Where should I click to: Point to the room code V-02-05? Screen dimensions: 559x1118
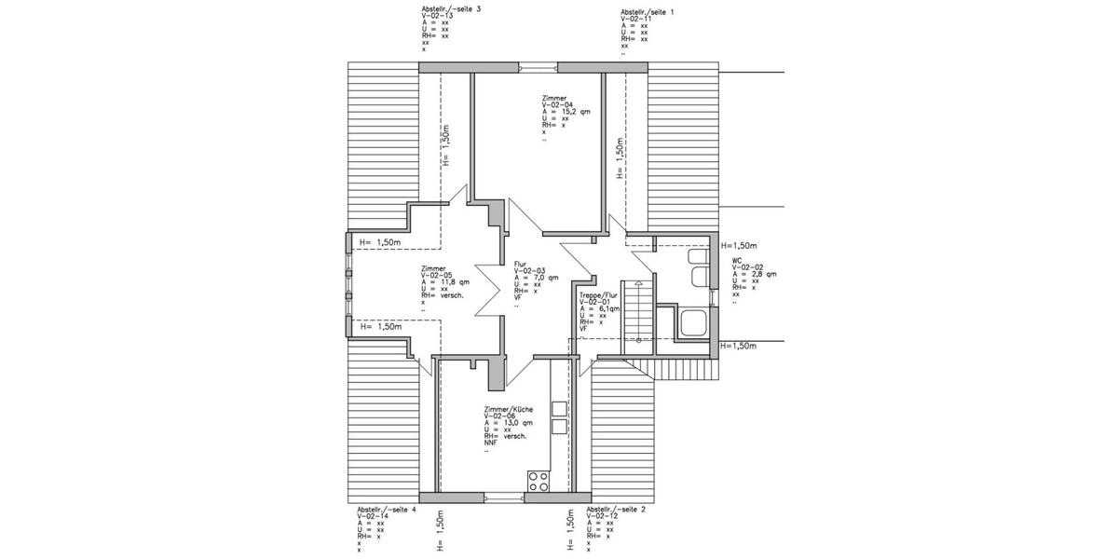pyautogui.click(x=436, y=275)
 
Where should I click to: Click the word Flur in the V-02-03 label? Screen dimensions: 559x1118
pyautogui.click(x=520, y=264)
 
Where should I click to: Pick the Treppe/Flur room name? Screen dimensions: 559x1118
pyautogui.click(x=597, y=295)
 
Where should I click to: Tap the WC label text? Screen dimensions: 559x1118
pyautogui.click(x=737, y=260)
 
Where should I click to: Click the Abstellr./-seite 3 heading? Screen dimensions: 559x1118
pyautogui.click(x=451, y=9)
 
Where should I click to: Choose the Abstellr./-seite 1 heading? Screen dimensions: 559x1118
pyautogui.click(x=647, y=11)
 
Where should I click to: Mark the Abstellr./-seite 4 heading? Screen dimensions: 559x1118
pyautogui.click(x=386, y=510)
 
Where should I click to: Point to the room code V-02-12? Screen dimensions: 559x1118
pyautogui.click(x=605, y=516)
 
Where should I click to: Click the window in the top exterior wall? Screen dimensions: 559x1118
pyautogui.click(x=539, y=66)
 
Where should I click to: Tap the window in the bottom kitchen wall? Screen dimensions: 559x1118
pyautogui.click(x=504, y=497)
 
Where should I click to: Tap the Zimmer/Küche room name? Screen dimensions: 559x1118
pyautogui.click(x=509, y=409)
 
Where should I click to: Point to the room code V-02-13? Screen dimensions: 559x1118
pyautogui.click(x=437, y=16)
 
